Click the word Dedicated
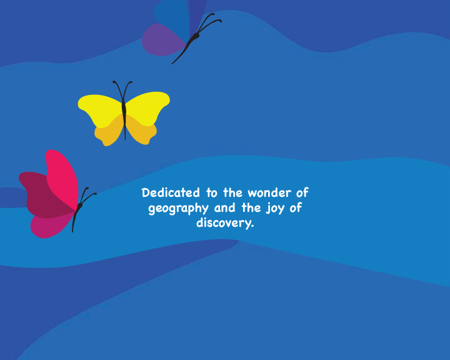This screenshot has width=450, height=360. coord(171,192)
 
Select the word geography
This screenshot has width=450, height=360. coord(178,209)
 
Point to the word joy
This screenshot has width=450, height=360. coord(275,208)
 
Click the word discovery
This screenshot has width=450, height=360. coord(223,223)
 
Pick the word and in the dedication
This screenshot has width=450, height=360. coord(225,207)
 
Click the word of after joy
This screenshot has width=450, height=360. coord(296,207)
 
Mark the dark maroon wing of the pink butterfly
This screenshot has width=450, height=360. coord(43,195)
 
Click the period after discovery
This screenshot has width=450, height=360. coord(252,226)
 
